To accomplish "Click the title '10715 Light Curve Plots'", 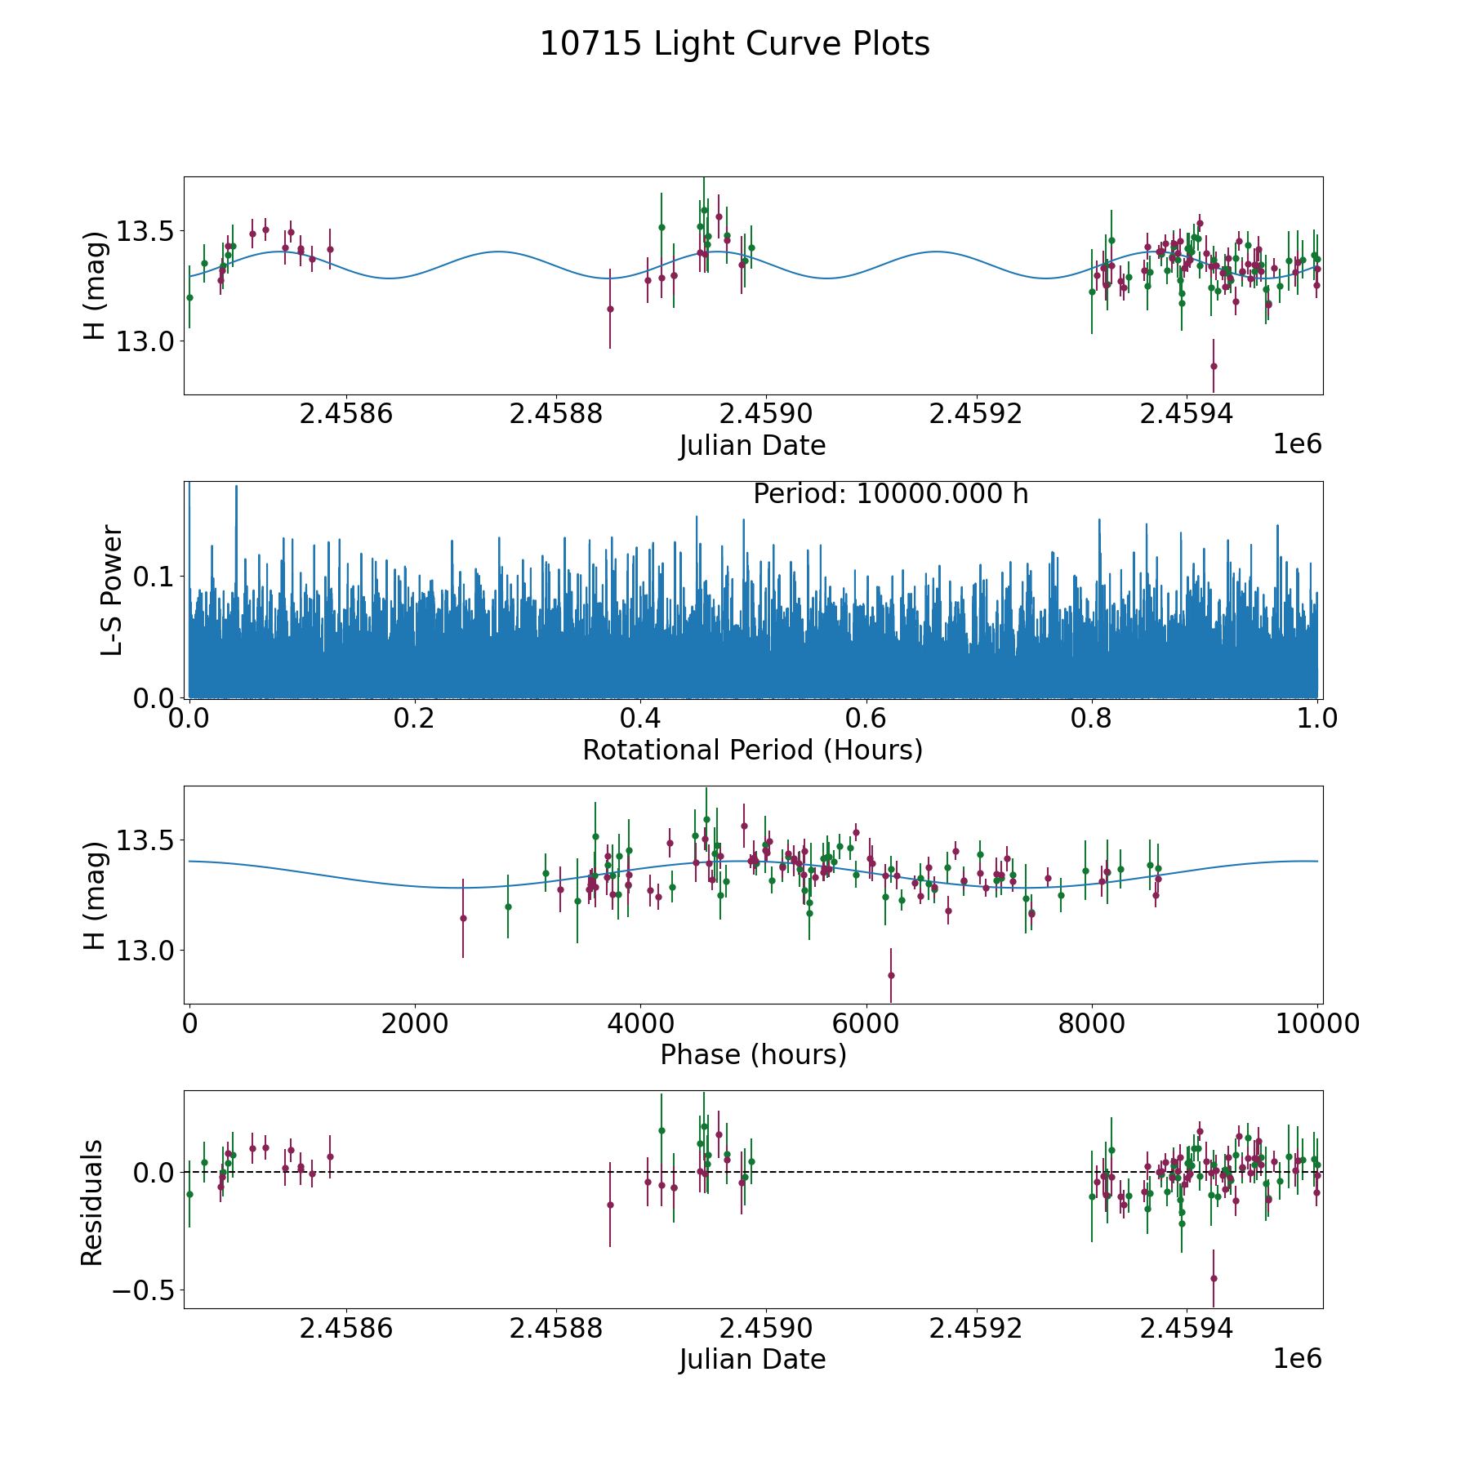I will click(734, 44).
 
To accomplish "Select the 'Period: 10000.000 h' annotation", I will click(890, 494).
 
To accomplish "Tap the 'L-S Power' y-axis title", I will click(112, 590).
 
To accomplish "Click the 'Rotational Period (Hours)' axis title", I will click(752, 750).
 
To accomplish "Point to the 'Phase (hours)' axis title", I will click(752, 1054).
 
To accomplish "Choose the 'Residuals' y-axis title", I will click(92, 1202).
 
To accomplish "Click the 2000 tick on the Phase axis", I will click(415, 1023).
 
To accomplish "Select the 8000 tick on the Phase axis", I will click(1092, 1023).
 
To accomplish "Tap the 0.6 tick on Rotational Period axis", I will click(866, 719).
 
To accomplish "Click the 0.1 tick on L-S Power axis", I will click(155, 577).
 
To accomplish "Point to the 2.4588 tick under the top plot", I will click(555, 414).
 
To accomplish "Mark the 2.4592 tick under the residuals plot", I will click(977, 1329).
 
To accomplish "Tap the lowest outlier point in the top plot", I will click(1214, 366).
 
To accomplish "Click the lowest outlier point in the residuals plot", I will click(1214, 1278).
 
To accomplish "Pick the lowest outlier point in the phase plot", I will click(891, 975).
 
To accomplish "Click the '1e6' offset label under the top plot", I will click(1297, 445).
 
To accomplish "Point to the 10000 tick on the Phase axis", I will click(1317, 1023).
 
